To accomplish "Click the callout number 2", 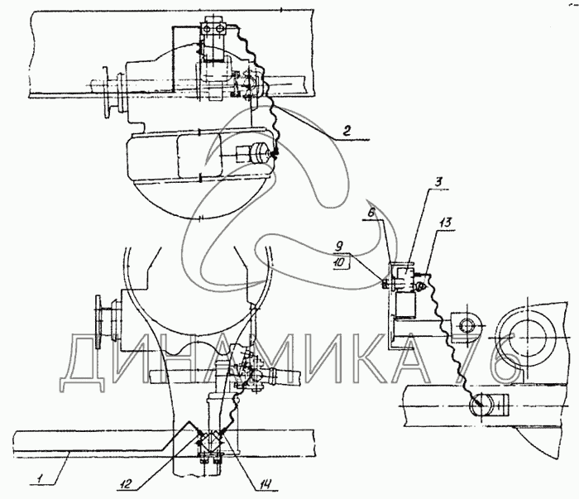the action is click(x=350, y=130).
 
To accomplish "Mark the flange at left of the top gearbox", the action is click(x=108, y=94).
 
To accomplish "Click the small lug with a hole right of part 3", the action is click(x=464, y=324).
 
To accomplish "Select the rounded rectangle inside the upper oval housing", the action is click(x=203, y=160).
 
